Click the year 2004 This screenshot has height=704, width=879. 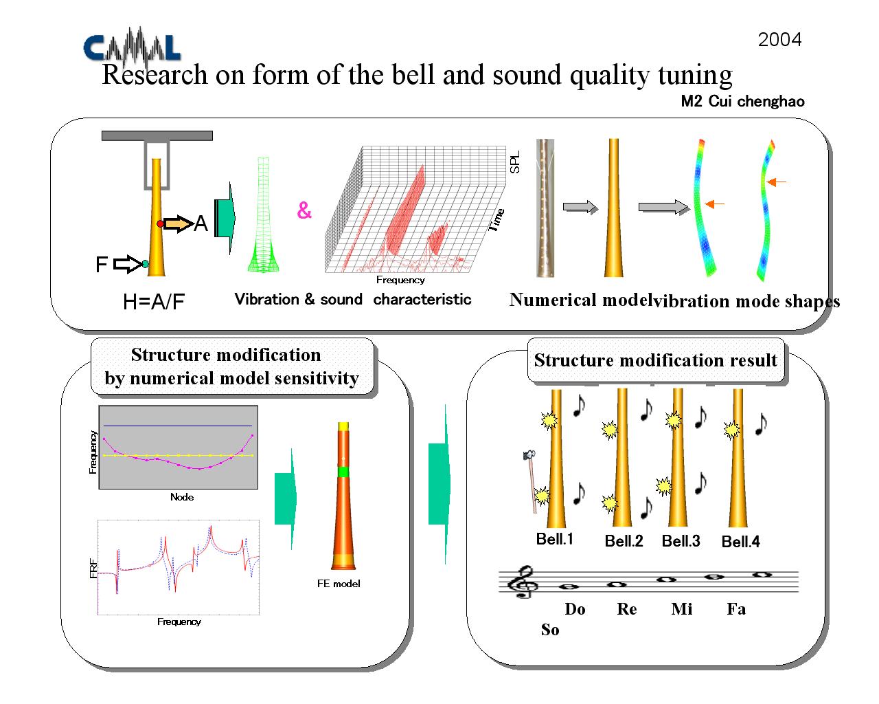[779, 40]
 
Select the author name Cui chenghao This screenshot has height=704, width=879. [756, 101]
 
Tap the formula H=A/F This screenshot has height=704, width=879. [154, 302]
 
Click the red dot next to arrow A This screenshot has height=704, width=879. [161, 223]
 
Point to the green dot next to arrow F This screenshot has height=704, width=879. [145, 264]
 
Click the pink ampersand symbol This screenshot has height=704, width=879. [304, 210]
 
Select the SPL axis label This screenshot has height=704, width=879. [515, 162]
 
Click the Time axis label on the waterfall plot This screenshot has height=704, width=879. [497, 220]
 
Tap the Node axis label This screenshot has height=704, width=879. [182, 497]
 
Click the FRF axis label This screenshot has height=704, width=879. [93, 569]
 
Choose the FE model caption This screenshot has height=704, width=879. [339, 584]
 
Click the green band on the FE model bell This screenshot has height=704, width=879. [343, 472]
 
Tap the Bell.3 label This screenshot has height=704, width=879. [681, 541]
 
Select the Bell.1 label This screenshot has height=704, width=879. [555, 539]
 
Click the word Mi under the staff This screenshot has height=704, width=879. [682, 609]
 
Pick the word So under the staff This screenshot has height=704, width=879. [550, 630]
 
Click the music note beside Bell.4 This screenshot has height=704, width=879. [762, 424]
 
